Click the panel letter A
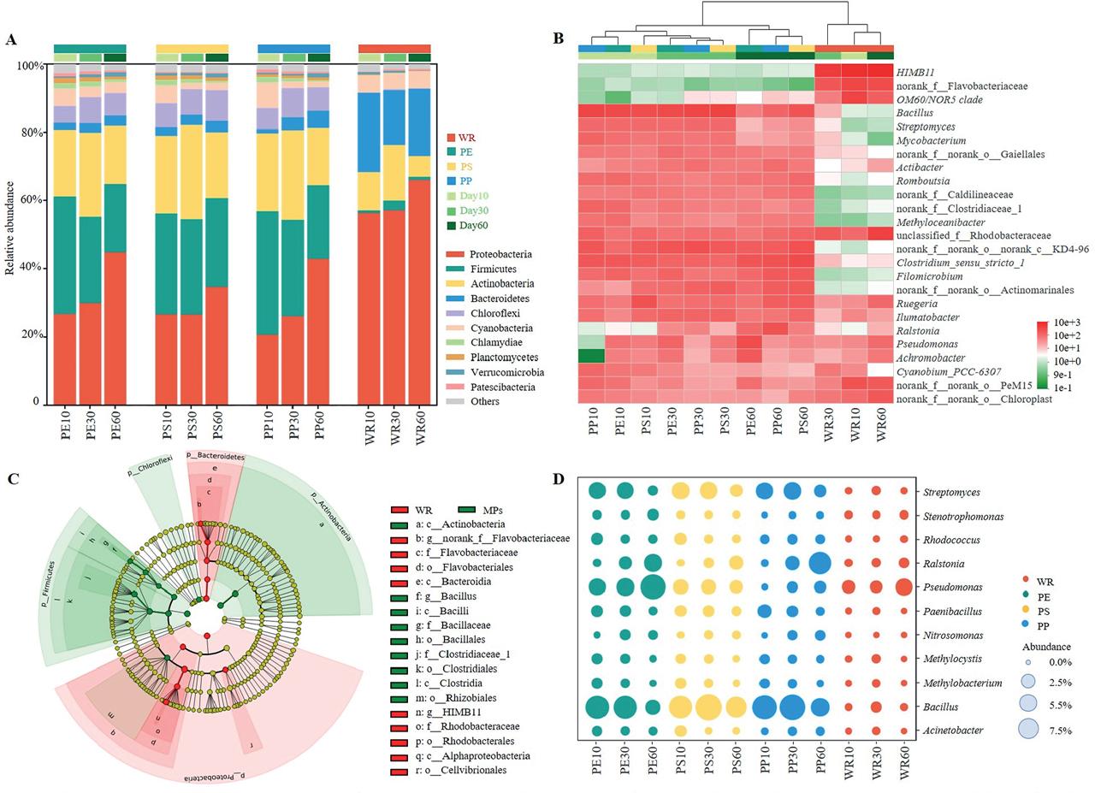(x=11, y=39)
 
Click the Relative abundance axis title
(x=10, y=228)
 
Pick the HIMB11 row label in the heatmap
(x=915, y=72)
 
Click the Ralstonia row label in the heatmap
(x=917, y=331)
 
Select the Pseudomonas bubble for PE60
(x=653, y=588)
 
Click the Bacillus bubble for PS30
(x=708, y=707)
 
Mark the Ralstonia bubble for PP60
(x=820, y=564)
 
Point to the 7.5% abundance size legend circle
(x=1027, y=730)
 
